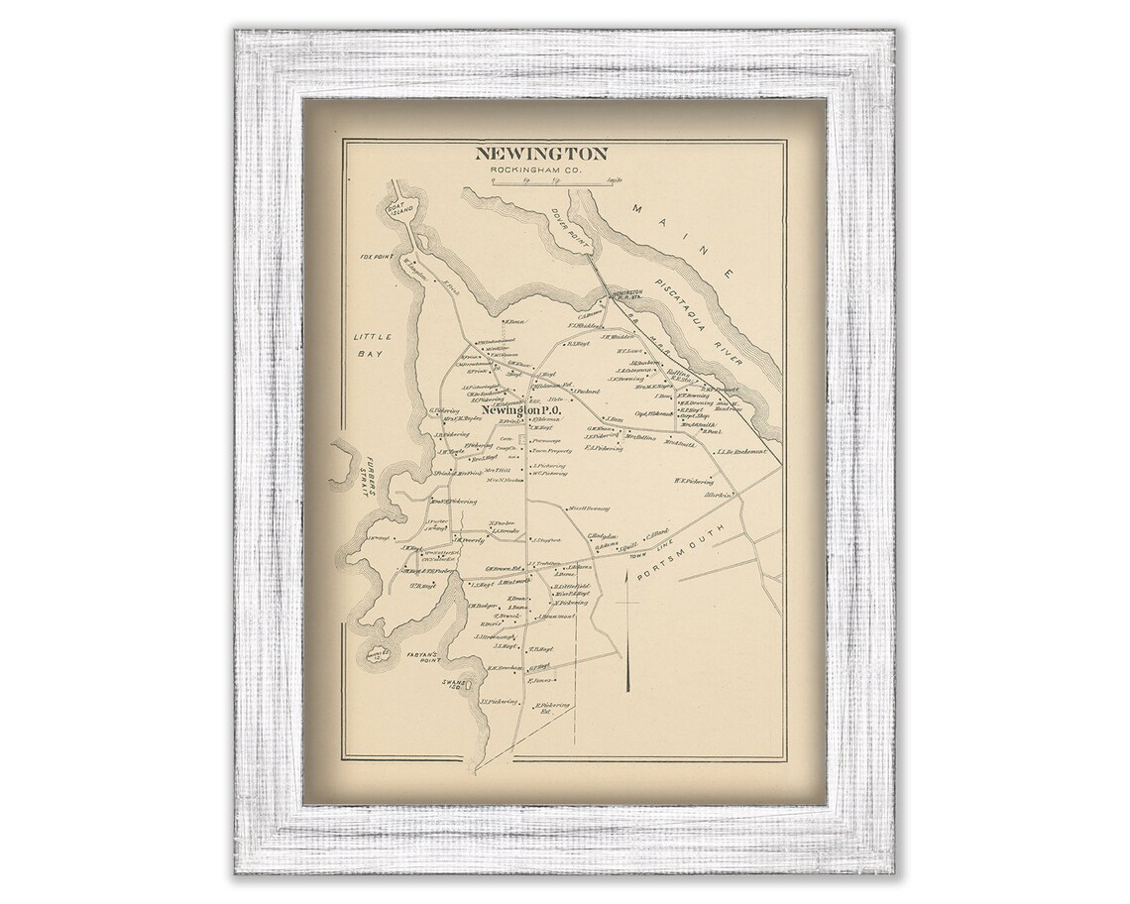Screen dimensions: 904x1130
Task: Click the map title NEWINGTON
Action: click(x=540, y=154)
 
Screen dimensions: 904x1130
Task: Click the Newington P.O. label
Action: click(x=522, y=410)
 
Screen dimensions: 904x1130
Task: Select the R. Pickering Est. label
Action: click(x=552, y=708)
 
